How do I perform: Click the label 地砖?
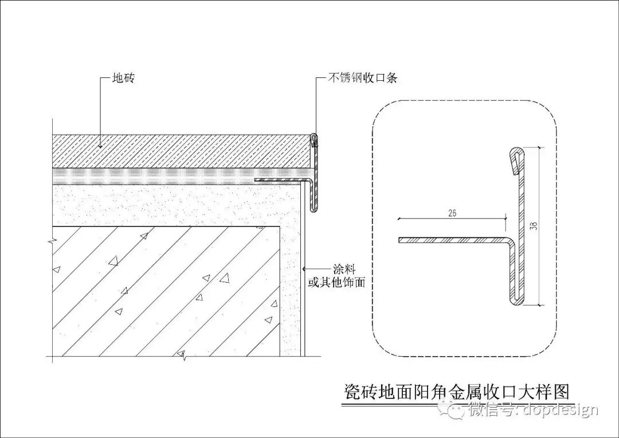(123, 79)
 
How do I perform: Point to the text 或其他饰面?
(336, 282)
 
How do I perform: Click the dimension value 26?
(452, 213)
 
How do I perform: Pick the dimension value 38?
(534, 226)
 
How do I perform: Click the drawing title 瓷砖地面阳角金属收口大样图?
(457, 392)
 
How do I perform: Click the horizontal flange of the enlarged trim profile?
(453, 240)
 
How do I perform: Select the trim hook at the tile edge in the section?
(314, 140)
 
